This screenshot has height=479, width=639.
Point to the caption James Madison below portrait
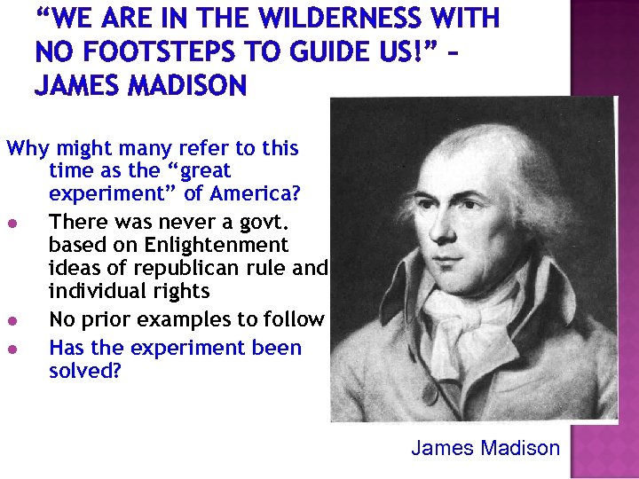click(485, 448)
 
